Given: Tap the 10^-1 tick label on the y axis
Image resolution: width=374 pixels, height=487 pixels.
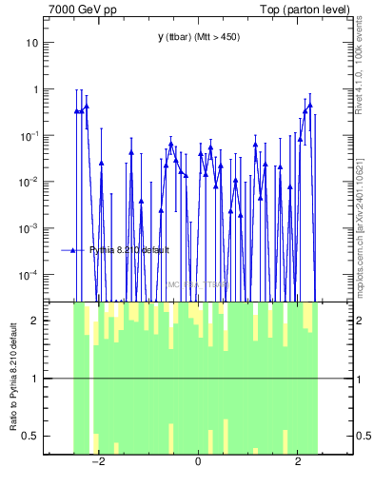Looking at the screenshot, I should click(30, 135).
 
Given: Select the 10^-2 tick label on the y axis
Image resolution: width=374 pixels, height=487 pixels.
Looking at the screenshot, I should click(30, 182).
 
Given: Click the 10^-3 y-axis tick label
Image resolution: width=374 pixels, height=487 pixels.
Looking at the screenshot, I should click(30, 228).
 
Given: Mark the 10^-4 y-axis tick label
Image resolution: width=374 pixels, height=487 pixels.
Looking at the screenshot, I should click(30, 275).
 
